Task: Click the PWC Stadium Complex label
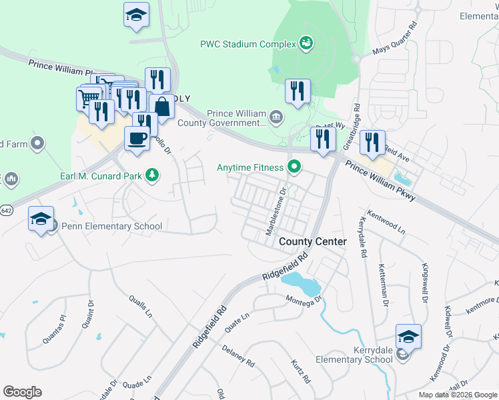(x=247, y=44)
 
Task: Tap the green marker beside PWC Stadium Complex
(x=306, y=44)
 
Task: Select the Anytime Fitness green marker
(x=293, y=167)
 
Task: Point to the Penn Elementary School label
(x=111, y=226)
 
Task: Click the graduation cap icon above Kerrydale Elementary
(x=408, y=336)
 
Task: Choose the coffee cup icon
(x=137, y=138)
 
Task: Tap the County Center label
(x=313, y=241)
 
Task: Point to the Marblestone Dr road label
(x=276, y=211)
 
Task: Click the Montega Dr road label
(x=305, y=299)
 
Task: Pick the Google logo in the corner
(x=23, y=392)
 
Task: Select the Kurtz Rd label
(x=300, y=371)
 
